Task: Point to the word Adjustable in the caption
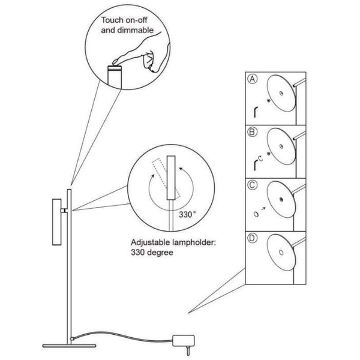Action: point(152,243)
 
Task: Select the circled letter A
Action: point(252,79)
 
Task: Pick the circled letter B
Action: point(252,131)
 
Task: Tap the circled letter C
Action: point(252,184)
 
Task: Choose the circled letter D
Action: point(252,237)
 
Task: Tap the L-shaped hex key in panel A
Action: point(256,110)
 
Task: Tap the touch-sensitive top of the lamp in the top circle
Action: point(114,67)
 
